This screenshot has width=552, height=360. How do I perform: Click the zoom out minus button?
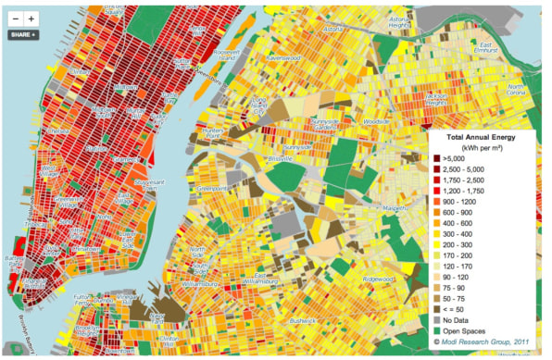pyautogui.click(x=15, y=18)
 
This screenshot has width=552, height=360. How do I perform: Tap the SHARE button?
pyautogui.click(x=22, y=34)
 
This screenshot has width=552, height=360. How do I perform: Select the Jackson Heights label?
pyautogui.click(x=436, y=97)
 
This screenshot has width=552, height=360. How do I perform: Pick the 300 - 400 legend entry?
pyautogui.click(x=469, y=235)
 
